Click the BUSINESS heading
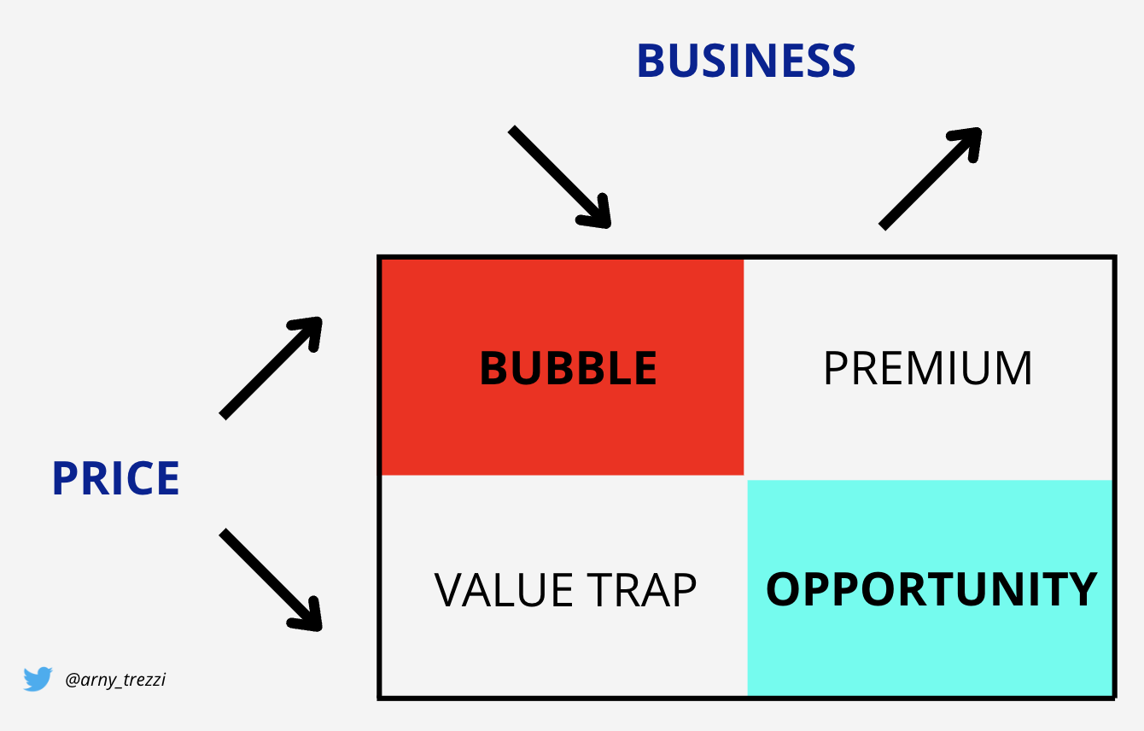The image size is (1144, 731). tap(746, 61)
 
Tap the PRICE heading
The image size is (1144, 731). tap(116, 478)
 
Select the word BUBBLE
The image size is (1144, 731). tap(568, 368)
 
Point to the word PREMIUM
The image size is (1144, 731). tap(928, 368)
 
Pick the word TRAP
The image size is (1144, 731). tap(641, 590)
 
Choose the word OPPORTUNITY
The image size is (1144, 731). tap(931, 589)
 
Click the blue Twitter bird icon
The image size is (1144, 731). tap(38, 679)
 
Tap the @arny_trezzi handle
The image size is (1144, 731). tap(115, 680)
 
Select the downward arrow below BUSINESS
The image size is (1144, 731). tap(560, 177)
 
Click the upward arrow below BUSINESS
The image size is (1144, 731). tap(931, 178)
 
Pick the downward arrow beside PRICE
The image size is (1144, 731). tap(271, 581)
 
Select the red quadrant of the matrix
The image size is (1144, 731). tap(563, 367)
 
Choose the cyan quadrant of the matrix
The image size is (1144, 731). tap(930, 588)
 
